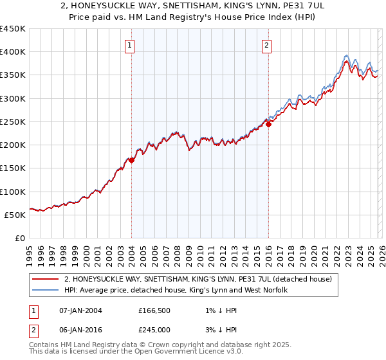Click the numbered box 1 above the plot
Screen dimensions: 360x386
click(131, 45)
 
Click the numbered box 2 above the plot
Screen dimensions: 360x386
click(266, 45)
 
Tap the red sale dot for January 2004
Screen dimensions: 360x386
click(131, 161)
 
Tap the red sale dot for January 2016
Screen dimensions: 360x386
click(268, 125)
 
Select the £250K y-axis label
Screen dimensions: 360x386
click(13, 122)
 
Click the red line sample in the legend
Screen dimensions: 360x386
click(45, 279)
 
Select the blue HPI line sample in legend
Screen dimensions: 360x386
click(45, 291)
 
